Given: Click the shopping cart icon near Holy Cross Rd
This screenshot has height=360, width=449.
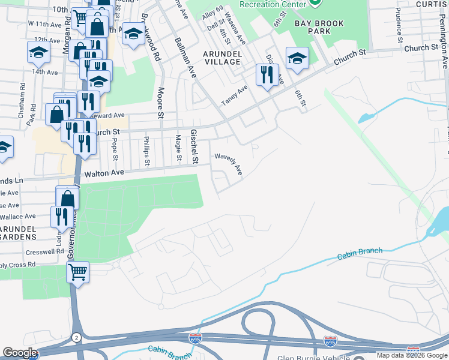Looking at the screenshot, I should pos(78,272).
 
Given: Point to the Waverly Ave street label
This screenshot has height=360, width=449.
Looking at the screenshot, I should pos(229,163).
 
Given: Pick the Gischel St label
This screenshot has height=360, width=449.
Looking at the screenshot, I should pos(194,146).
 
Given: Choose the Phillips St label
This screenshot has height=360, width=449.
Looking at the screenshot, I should pos(146,151).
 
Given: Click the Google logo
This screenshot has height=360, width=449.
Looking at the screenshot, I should pos(20,353).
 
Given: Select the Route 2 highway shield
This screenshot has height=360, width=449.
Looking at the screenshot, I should pos(76,338).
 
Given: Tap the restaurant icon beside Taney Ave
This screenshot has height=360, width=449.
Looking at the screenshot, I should pos(266,74).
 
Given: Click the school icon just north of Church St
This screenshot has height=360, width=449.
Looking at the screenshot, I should pos(297,58).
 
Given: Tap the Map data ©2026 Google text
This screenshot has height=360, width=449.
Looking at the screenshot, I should pos(411,355).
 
